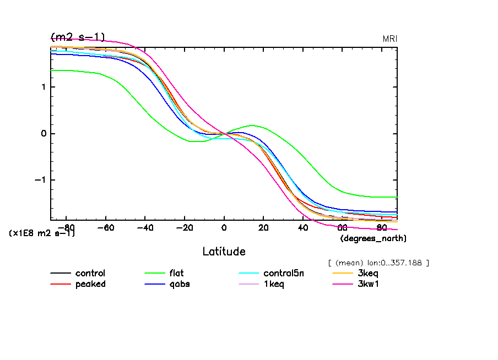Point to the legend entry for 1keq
[x=274, y=284]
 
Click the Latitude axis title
[x=224, y=252]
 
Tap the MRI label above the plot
[x=390, y=39]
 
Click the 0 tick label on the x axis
[x=224, y=227]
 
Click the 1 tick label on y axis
[x=44, y=87]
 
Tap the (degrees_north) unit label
[x=373, y=238]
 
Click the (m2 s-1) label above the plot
[x=77, y=37]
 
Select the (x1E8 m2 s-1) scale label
[x=42, y=233]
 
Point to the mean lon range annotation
[x=378, y=263]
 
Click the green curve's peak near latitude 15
[x=252, y=126]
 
